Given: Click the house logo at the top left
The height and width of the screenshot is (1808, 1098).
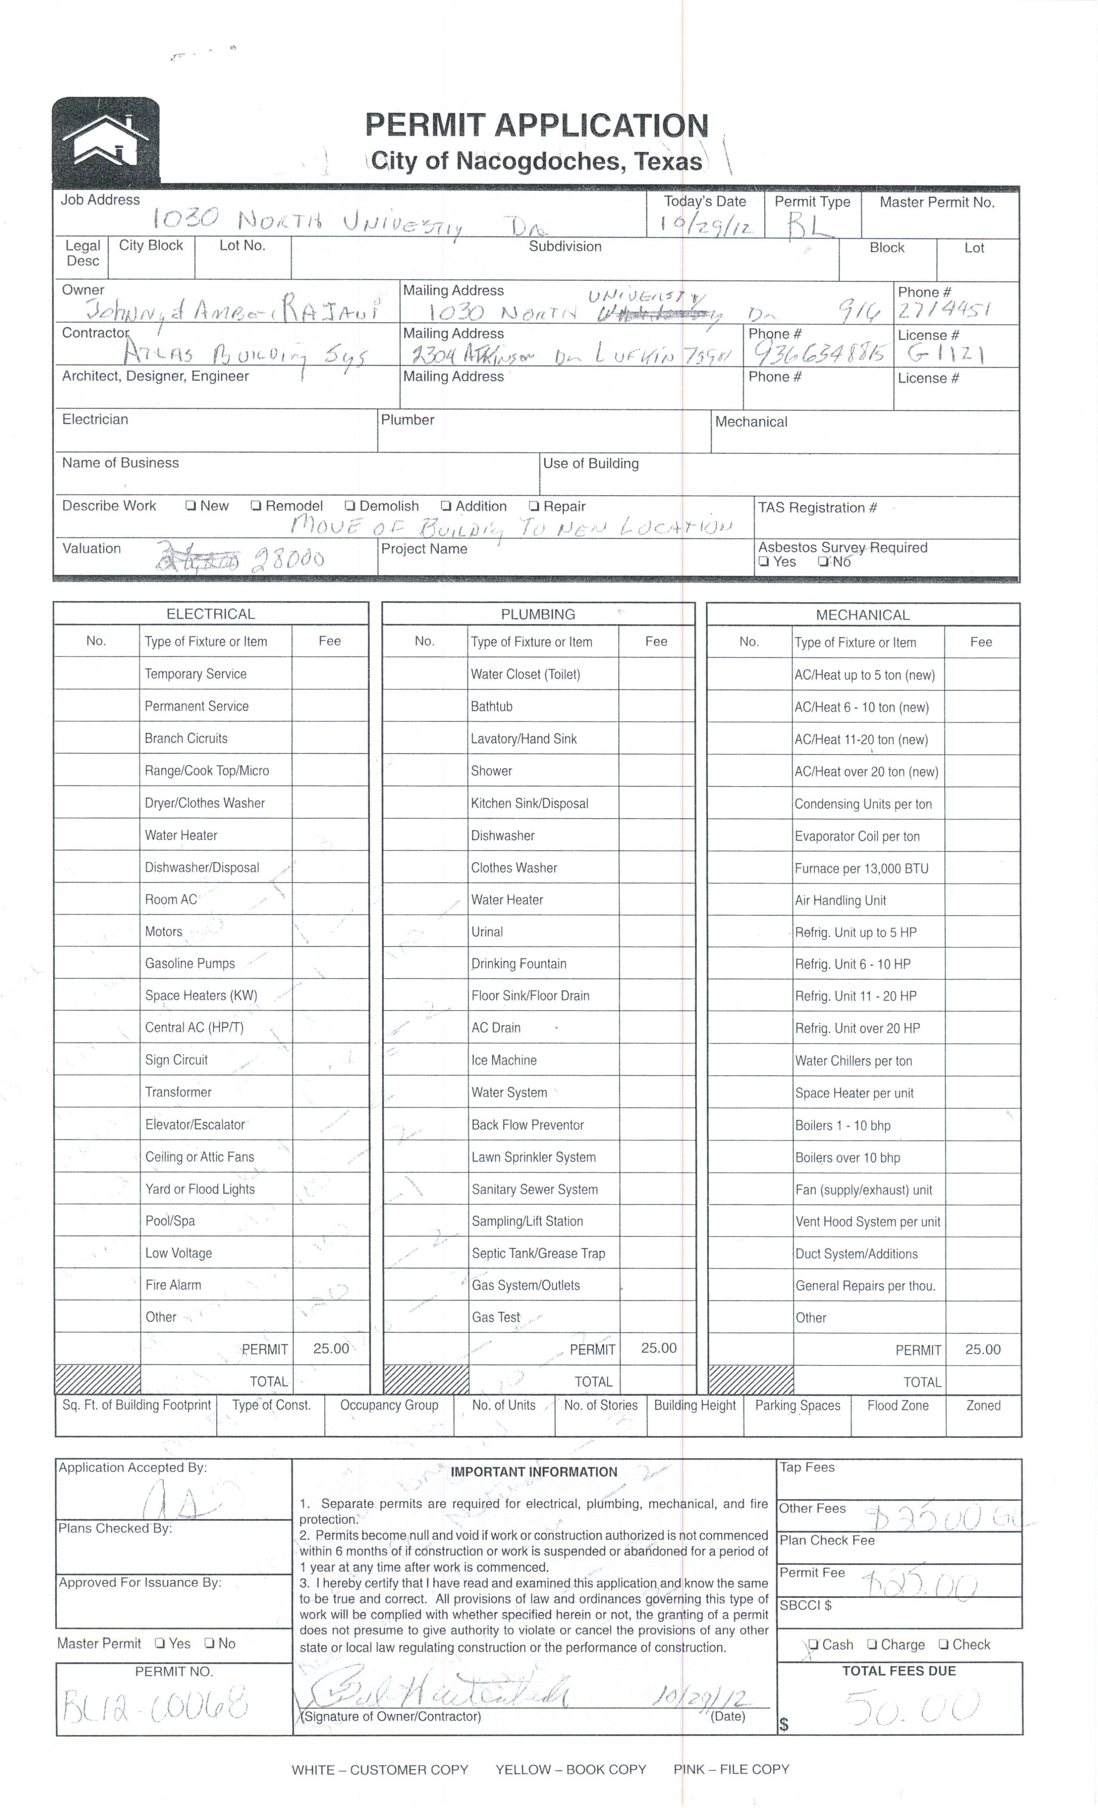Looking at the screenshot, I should pos(105,140).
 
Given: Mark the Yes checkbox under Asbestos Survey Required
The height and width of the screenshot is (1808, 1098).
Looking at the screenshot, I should pos(764,562).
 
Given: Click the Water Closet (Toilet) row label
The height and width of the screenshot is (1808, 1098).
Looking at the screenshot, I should pos(525,674).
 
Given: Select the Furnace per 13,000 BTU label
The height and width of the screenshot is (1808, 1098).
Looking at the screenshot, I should pos(861,869).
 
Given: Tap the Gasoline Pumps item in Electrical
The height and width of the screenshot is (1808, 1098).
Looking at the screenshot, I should pos(189,963).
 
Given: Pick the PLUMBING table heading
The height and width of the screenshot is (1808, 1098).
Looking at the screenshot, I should pos(538,614).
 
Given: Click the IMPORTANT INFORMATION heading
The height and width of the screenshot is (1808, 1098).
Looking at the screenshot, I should pos(533,1472).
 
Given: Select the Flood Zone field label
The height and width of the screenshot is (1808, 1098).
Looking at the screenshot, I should pos(898,1405).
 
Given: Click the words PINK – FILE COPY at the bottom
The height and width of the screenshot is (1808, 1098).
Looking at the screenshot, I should pos(731,1769).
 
